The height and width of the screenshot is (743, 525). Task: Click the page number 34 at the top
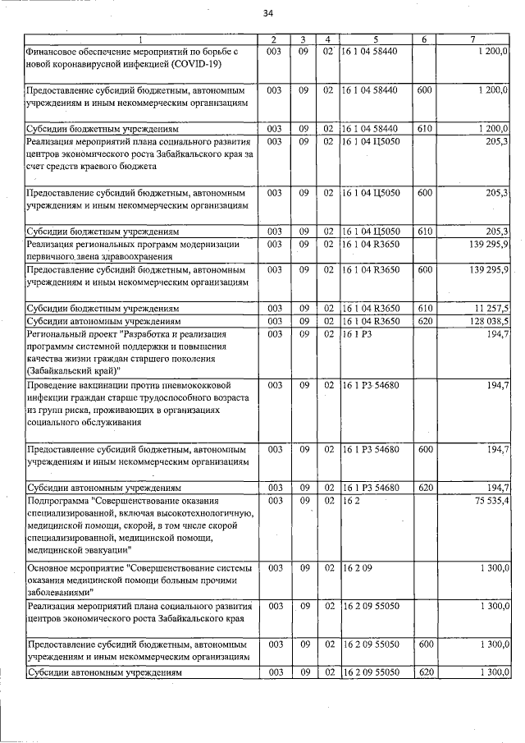point(268,13)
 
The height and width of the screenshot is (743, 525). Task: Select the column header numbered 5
point(376,40)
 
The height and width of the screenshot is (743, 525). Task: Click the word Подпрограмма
point(58,500)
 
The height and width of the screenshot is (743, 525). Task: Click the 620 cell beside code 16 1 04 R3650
point(424,320)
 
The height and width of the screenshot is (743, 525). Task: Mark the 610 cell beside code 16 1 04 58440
point(424,129)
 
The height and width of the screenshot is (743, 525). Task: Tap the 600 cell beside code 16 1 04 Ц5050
point(424,192)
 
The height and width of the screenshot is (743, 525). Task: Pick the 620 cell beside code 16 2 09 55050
point(424,672)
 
